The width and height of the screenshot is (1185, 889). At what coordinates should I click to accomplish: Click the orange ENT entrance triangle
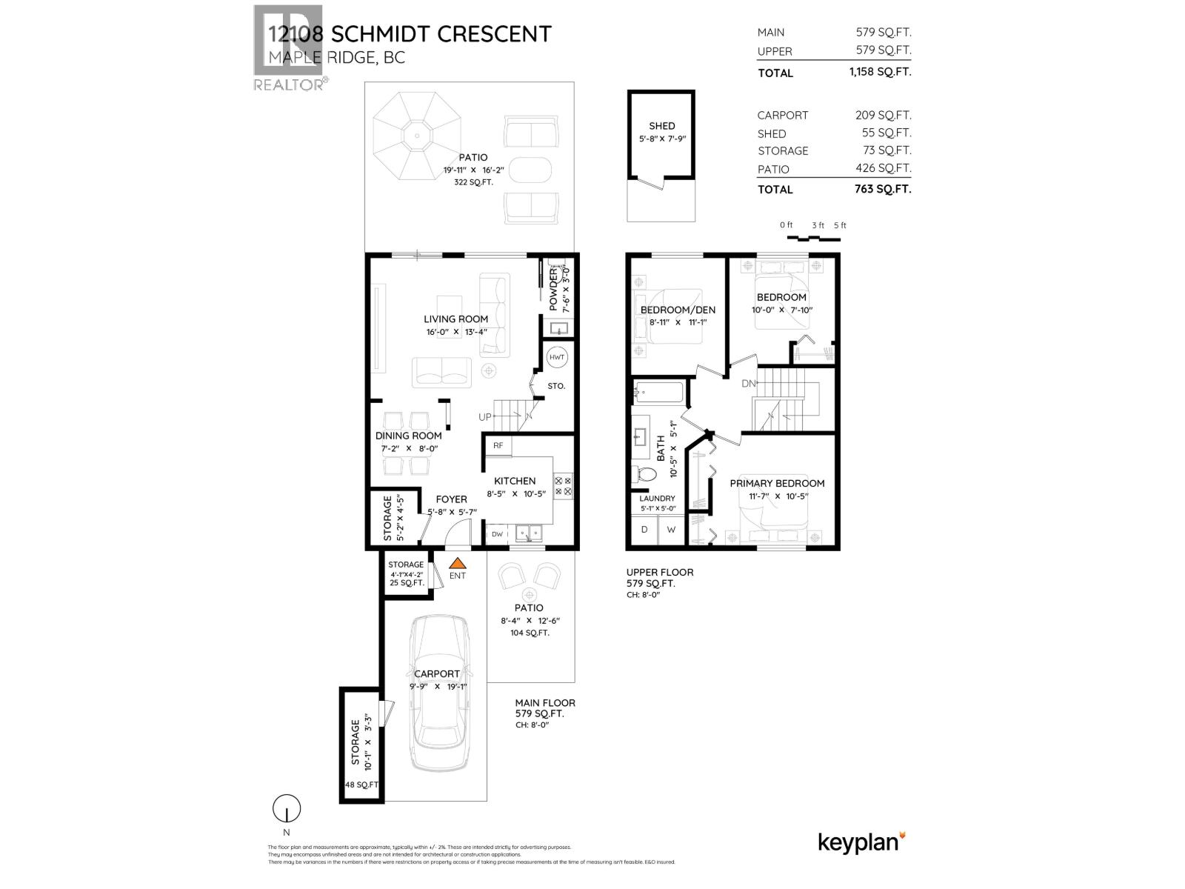pos(458,563)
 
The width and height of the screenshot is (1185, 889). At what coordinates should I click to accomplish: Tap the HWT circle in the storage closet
pos(556,357)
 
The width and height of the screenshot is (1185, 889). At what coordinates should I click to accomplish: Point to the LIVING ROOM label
pos(455,319)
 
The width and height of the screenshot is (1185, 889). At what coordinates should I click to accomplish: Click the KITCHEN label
pos(515,481)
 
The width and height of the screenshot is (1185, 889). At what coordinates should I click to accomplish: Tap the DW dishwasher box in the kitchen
pos(497,534)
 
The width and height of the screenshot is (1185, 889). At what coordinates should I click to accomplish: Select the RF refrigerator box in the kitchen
pos(498,445)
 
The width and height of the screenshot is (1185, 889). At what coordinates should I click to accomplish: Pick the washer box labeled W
pos(672,530)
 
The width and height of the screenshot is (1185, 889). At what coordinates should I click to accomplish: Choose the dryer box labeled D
pos(644,530)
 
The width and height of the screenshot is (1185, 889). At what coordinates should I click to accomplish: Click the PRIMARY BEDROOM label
pos(777,483)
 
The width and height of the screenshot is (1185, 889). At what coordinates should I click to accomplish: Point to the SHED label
pos(661,126)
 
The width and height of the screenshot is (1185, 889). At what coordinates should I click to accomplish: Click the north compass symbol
pos(287,809)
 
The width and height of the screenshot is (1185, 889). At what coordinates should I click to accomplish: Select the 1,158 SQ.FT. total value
pos(880,72)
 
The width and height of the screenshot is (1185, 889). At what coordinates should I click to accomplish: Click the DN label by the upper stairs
pos(749,384)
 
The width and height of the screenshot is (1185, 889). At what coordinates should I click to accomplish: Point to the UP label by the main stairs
pos(485,417)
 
